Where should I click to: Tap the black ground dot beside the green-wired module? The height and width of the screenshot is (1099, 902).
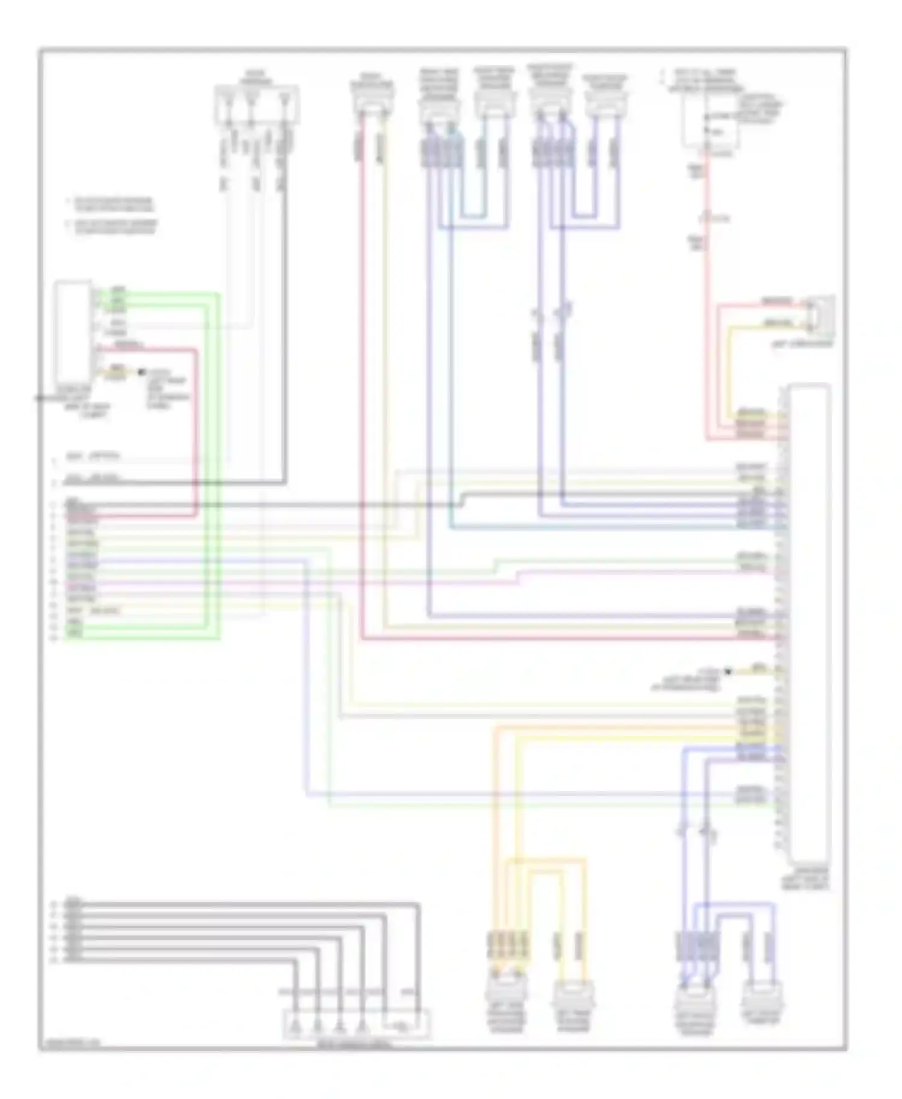click(x=142, y=373)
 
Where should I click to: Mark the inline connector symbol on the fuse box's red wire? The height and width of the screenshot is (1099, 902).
click(x=710, y=219)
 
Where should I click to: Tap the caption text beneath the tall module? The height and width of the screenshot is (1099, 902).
click(x=811, y=878)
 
